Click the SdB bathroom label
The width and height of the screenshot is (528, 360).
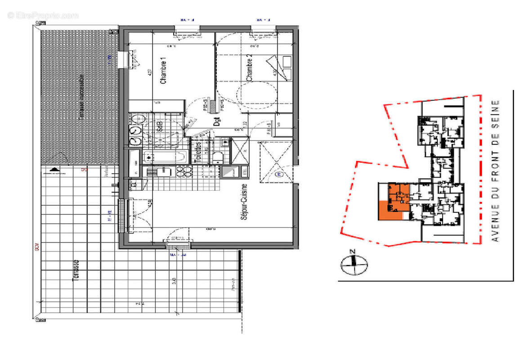pos(159,126)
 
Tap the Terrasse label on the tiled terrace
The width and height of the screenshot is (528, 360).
pos(76,270)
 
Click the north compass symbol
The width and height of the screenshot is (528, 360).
pos(354,264)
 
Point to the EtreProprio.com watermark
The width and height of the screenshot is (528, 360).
pos(43,15)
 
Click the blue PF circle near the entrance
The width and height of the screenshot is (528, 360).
pos(278,174)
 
